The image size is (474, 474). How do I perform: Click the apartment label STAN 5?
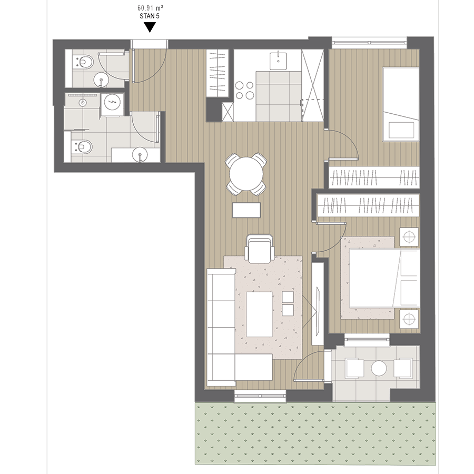[150, 16]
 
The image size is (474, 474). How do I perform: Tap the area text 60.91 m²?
[150, 7]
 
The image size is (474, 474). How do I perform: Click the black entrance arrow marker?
[150, 27]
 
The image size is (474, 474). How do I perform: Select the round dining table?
[246, 174]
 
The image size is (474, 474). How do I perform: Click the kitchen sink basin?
[278, 61]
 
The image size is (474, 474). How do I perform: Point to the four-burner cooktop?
[244, 91]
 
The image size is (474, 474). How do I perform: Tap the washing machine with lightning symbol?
[112, 104]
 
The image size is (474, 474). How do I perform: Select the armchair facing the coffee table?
[260, 248]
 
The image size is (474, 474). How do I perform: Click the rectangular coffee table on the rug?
[259, 314]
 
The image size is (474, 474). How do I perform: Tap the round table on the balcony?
[379, 368]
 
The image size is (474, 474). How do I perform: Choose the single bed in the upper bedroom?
[401, 104]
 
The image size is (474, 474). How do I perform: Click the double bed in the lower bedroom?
[384, 278]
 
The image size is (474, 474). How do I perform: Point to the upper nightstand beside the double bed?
[409, 237]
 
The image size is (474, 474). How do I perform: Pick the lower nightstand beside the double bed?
[409, 319]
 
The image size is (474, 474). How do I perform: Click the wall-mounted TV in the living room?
[318, 311]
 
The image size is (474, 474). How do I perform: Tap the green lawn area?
[315, 433]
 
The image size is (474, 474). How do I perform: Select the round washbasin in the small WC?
[101, 81]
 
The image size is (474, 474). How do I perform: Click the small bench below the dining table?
[246, 210]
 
